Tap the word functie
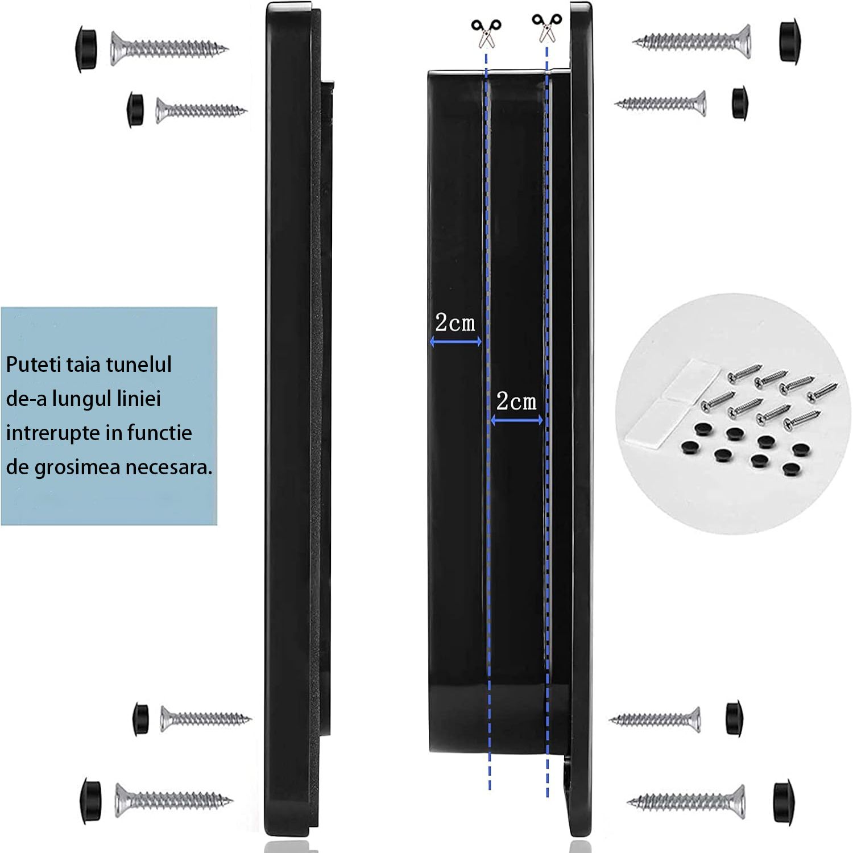click(x=160, y=433)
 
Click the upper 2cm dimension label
click(x=455, y=323)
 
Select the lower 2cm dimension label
click(x=516, y=401)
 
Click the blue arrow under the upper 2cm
click(x=456, y=342)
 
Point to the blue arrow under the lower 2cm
click(x=517, y=421)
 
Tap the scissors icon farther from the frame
click(x=486, y=34)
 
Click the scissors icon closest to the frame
click(x=546, y=28)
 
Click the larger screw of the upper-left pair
click(x=169, y=48)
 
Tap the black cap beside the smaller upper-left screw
click(x=135, y=109)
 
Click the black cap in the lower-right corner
click(x=784, y=802)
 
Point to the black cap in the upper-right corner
click(x=789, y=42)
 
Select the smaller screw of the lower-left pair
click(x=205, y=719)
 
